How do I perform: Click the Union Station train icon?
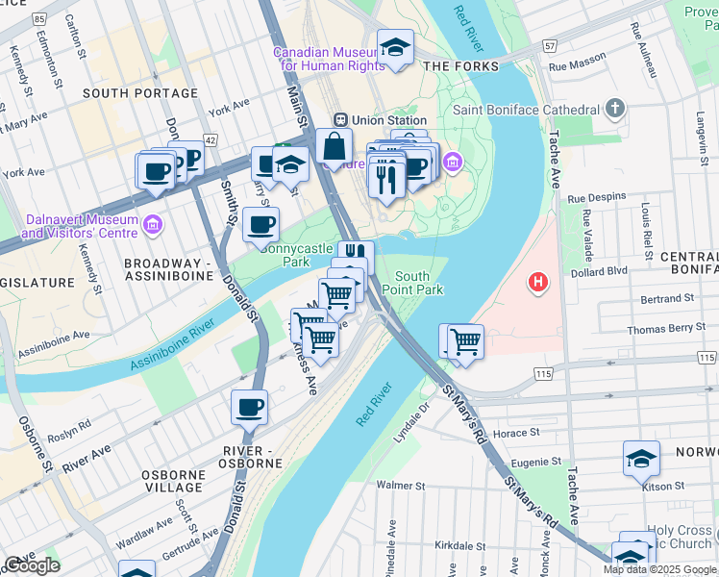[339, 119]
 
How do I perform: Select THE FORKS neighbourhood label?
[461, 66]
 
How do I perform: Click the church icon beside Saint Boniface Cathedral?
[615, 109]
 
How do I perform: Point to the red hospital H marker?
[538, 284]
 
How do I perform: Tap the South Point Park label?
[412, 283]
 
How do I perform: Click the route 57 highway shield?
[549, 45]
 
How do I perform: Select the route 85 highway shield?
[38, 18]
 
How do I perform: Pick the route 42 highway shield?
[211, 140]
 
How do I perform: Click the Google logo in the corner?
[32, 565]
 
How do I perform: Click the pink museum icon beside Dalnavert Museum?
[152, 226]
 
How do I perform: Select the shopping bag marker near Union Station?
[334, 146]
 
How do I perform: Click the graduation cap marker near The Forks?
[395, 48]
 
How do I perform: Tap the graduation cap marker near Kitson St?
[641, 458]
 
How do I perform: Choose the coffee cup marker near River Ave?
[249, 407]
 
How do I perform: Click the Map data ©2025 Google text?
[658, 569]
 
